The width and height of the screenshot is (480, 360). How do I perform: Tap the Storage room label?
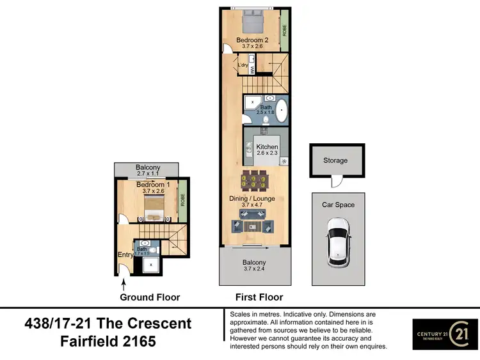tap(335, 160)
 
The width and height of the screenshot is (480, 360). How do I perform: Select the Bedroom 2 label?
tap(253, 40)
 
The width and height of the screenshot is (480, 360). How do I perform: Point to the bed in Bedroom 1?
tap(155, 207)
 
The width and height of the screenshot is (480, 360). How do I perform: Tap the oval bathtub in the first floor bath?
tap(280, 107)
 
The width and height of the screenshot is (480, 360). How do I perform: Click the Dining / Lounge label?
tap(253, 199)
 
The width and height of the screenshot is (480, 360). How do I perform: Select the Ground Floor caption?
tap(150, 297)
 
